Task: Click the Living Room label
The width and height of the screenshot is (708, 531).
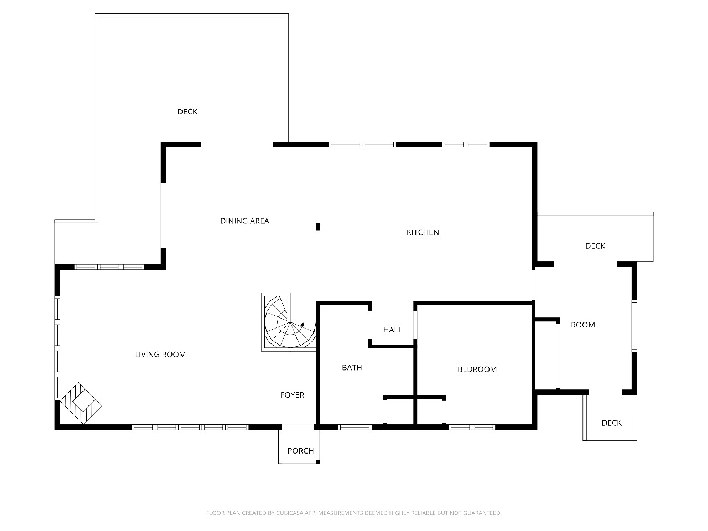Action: pos(160,355)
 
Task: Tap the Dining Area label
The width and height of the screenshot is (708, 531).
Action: pos(244,221)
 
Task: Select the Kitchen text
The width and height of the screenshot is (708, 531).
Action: pos(423,232)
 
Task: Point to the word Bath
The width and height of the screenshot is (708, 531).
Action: pos(352,367)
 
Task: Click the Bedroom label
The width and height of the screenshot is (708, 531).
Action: pos(477,369)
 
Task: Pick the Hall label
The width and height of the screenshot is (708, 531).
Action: pos(393,330)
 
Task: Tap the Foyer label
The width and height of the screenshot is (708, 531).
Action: pos(292,395)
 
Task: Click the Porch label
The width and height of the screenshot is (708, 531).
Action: pos(300,451)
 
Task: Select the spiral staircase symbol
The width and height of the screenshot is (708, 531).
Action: pos(289,322)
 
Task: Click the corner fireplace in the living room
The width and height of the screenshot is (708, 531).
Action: pos(81,403)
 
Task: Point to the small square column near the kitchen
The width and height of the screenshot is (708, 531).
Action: pos(317,227)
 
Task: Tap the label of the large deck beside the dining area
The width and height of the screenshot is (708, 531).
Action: pos(188,112)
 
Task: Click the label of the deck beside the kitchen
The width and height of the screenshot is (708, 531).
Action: pos(595,246)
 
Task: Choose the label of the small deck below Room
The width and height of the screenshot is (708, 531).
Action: pos(612,423)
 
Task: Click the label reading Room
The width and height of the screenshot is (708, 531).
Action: pos(583,325)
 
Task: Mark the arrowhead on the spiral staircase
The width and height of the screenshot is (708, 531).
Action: pos(303,324)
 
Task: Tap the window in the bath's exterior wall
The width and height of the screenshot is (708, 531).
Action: pos(355,427)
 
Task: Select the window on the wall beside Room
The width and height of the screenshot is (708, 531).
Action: pos(634,326)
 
